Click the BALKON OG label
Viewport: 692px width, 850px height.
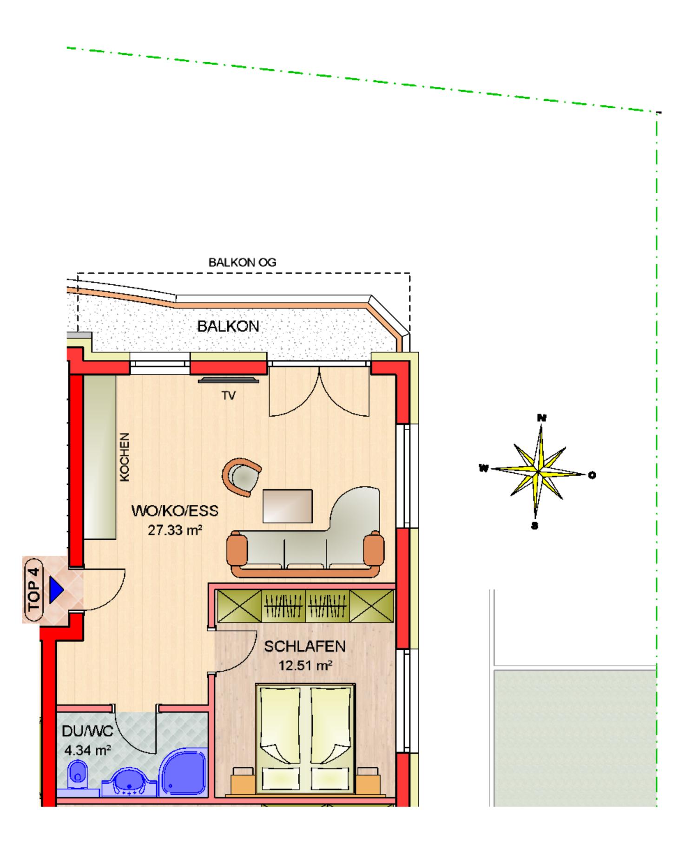tap(242, 262)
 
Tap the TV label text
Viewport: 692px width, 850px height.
tap(228, 395)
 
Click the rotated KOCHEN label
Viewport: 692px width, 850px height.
tap(125, 457)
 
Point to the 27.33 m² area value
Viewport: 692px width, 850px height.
tap(175, 530)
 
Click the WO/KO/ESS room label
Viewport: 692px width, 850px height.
tap(175, 511)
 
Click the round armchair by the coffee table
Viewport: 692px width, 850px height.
tap(242, 477)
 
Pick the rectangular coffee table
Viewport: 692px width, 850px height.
tap(287, 506)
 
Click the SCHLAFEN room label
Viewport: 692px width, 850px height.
tap(304, 646)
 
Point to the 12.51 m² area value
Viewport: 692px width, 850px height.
tap(305, 666)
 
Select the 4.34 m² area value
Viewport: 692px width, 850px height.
tap(87, 750)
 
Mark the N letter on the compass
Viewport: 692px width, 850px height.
tap(541, 417)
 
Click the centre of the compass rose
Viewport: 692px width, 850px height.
tap(538, 472)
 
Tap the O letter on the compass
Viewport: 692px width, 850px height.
tap(592, 475)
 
